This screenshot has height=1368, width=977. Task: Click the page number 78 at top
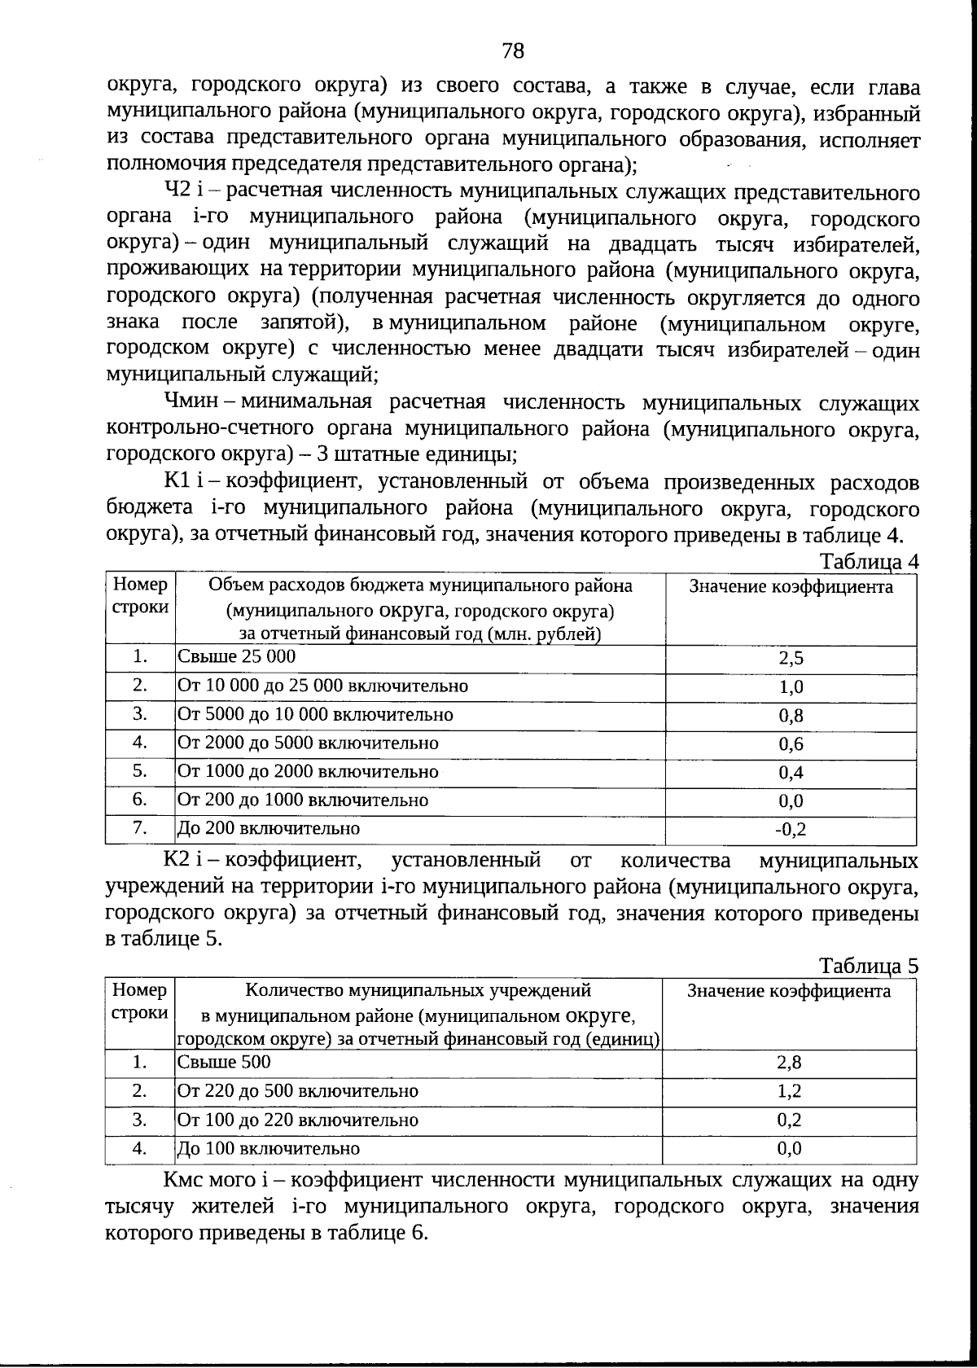click(513, 51)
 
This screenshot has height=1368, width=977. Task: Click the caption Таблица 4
click(868, 562)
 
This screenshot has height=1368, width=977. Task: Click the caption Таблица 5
click(868, 966)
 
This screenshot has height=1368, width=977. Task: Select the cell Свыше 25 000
click(237, 656)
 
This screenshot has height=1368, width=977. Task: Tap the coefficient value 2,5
click(791, 659)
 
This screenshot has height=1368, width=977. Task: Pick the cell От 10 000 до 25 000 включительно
click(323, 686)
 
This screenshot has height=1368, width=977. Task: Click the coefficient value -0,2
click(790, 830)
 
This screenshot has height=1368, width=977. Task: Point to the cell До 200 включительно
click(269, 829)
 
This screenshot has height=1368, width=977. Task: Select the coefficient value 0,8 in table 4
click(791, 716)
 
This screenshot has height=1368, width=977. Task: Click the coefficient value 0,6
click(791, 744)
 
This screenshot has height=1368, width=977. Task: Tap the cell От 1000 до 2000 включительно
click(308, 771)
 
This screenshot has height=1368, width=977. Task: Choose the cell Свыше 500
click(224, 1062)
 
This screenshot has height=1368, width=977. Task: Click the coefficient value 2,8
click(789, 1063)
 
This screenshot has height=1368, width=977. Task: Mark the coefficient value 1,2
click(789, 1091)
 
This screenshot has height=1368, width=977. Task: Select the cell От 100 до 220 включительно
click(298, 1120)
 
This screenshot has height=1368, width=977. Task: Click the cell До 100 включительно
click(269, 1148)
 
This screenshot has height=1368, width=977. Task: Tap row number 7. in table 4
click(140, 828)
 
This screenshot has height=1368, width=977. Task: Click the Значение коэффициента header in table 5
click(789, 991)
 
